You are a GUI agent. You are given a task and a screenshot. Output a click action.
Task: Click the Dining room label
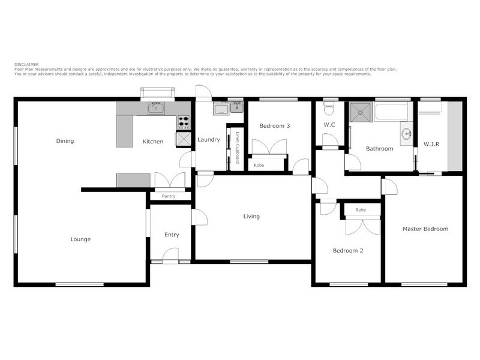pyautogui.click(x=65, y=142)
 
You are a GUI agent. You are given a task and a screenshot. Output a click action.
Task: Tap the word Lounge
pyautogui.click(x=80, y=239)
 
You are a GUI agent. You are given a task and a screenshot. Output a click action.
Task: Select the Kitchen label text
pyautogui.click(x=152, y=142)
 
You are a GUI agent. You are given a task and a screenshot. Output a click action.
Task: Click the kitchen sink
pyautogui.click(x=158, y=109)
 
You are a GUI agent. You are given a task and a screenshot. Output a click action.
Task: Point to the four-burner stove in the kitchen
pyautogui.click(x=183, y=122)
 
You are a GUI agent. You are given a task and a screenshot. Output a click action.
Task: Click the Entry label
pyautogui.click(x=172, y=235)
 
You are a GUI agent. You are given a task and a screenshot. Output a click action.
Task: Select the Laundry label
pyautogui.click(x=209, y=140)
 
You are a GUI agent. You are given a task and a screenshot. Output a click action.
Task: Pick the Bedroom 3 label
pyautogui.click(x=275, y=126)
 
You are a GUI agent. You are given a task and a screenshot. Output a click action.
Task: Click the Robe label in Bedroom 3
pyautogui.click(x=259, y=165)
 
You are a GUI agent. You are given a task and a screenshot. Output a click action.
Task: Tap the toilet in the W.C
pyautogui.click(x=328, y=109)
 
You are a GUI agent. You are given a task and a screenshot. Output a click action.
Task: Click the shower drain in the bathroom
pyautogui.click(x=361, y=110)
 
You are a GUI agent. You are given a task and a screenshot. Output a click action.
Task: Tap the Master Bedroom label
pyautogui.click(x=425, y=229)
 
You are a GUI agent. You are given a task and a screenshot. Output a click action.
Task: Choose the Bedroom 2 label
pyautogui.click(x=348, y=251)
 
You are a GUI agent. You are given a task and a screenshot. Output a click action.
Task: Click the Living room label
pyautogui.click(x=251, y=217)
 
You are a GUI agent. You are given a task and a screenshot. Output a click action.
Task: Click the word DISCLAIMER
pyautogui.click(x=26, y=63)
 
